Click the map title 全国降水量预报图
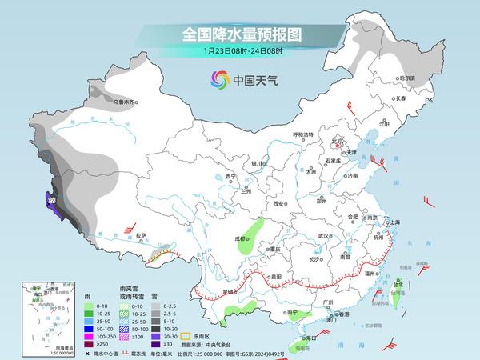pyautogui.click(x=239, y=34)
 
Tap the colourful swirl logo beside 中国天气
pyautogui.click(x=218, y=79)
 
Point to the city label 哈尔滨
pyautogui.click(x=407, y=78)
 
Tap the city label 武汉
pyautogui.click(x=323, y=236)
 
